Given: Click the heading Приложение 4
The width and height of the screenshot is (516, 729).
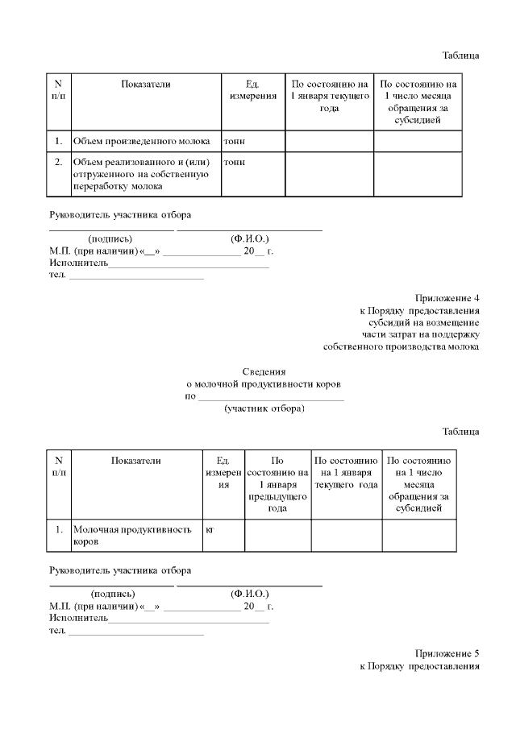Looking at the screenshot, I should pos(447,296).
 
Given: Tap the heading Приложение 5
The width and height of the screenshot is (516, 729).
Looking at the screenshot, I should pos(447,652).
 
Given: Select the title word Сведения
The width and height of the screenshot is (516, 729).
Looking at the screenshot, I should pos(264,371).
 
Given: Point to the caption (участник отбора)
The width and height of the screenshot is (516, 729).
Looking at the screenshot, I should pos(264,408).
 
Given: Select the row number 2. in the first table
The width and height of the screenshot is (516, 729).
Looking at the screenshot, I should pos(59,162).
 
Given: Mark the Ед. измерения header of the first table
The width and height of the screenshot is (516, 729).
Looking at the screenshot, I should pos(254,89).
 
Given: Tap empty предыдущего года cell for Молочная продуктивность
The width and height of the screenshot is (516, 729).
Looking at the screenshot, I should pos(278,536).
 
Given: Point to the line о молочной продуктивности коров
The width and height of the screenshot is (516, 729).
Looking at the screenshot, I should pos(264,384).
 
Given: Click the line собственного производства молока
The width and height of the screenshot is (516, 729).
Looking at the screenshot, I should pos(401,347).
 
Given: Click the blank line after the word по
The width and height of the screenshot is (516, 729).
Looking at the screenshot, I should pos(271,397).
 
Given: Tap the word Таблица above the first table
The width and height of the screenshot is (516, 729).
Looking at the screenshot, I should pos(460,56).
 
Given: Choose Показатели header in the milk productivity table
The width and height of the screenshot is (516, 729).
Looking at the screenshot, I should pos(136,461).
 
